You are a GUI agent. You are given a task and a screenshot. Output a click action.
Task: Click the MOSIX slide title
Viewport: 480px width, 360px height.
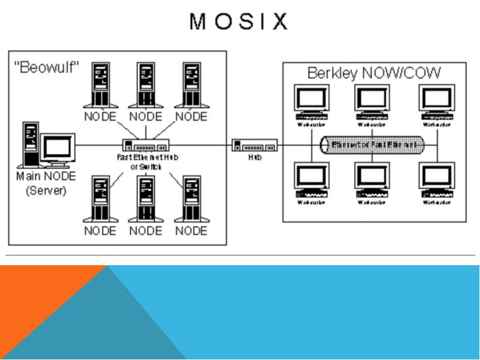(x=239, y=22)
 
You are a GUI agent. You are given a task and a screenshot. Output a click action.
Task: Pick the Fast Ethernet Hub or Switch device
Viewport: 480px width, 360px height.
(x=145, y=146)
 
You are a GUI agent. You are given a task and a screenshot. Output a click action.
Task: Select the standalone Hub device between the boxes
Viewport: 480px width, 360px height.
(x=255, y=146)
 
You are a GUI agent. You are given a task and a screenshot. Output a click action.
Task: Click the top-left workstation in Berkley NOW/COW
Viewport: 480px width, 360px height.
(x=311, y=103)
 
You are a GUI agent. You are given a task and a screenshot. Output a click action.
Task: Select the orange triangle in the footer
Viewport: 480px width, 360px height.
(x=36, y=294)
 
